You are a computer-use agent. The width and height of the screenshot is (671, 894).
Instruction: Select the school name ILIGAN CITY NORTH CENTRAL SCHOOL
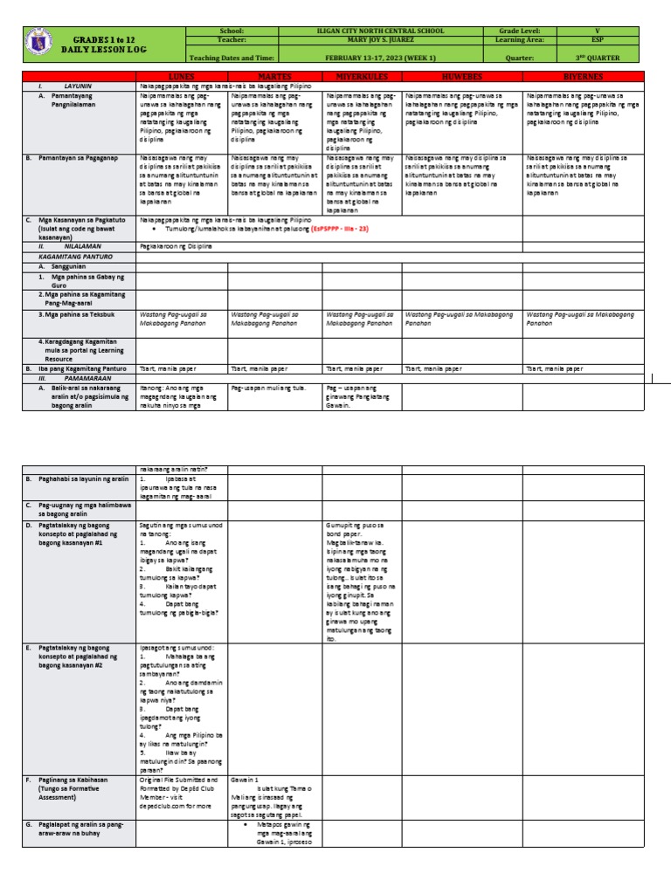point(386,31)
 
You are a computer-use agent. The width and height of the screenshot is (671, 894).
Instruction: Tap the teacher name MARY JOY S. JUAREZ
point(386,40)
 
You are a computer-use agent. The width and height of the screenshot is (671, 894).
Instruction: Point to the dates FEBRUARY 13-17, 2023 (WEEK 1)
point(386,57)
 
